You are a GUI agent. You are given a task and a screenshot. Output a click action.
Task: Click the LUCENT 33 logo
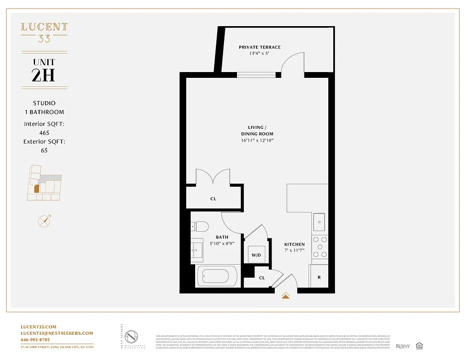click(44, 32)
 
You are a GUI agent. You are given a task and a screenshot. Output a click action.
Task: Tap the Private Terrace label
click(259, 47)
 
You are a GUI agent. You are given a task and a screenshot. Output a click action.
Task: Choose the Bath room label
click(222, 237)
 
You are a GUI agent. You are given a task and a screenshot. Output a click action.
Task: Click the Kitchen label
click(294, 244)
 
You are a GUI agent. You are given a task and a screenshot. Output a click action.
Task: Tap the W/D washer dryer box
click(256, 255)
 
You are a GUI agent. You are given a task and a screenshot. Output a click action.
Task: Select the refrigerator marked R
click(319, 277)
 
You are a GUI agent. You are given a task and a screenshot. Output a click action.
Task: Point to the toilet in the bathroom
click(199, 226)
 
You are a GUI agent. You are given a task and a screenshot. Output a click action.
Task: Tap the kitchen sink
click(320, 221)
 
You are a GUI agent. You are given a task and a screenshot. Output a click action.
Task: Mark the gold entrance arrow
click(286, 296)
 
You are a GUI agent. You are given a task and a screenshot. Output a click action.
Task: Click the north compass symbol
click(44, 221)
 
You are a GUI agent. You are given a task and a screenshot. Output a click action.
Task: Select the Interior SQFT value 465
click(44, 133)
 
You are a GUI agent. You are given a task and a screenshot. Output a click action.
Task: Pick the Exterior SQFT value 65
click(44, 150)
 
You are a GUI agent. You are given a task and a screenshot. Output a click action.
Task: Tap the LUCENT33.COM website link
click(39, 327)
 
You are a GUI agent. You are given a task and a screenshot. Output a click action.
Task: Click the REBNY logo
click(403, 346)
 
